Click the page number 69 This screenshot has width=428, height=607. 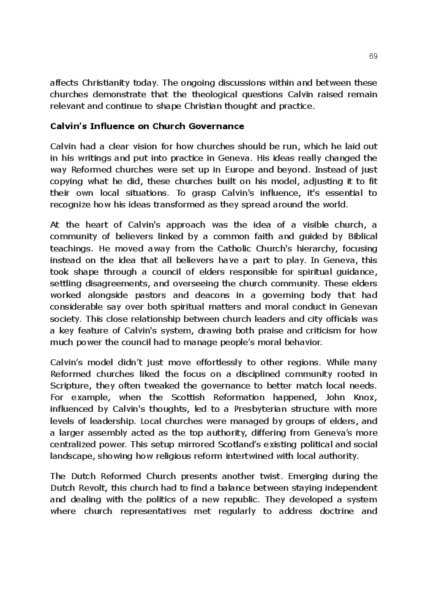click(373, 56)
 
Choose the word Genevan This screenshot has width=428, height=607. click(359, 307)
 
